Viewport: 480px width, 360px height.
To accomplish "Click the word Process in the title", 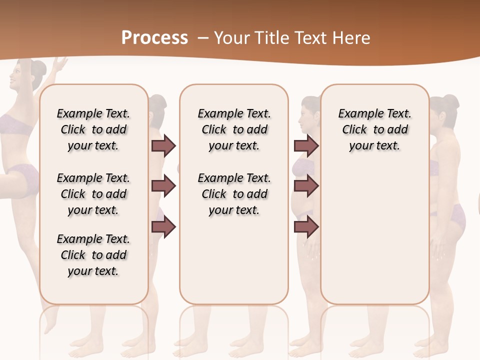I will [x=154, y=37].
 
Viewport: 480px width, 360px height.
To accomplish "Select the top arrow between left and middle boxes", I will [x=163, y=145].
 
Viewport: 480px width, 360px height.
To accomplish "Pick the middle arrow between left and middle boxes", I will [x=163, y=186].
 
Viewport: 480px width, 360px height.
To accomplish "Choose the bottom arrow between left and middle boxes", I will [x=163, y=227].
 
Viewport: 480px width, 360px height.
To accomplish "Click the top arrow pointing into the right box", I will [x=306, y=145].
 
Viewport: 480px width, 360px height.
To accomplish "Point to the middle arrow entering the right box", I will [x=306, y=186].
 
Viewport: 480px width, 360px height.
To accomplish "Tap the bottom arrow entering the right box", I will [x=306, y=227].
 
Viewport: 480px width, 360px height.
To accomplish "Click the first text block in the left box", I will [x=93, y=129].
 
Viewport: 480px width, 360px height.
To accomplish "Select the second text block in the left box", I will [x=93, y=194].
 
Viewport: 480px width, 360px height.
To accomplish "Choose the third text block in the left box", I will [x=93, y=255].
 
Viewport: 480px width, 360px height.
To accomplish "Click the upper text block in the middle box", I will [x=234, y=129].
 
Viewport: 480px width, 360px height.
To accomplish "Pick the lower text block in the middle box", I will [x=234, y=194].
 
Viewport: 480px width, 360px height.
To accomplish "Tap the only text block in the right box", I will [x=374, y=129].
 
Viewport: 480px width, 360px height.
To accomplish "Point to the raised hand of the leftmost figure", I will [x=61, y=64].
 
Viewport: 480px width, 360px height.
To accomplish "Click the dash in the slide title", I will [x=203, y=38].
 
